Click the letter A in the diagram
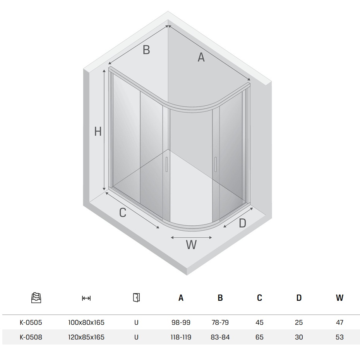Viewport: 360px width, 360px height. point(201,57)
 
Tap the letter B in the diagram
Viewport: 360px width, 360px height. point(146,50)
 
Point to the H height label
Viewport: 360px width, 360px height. point(98,132)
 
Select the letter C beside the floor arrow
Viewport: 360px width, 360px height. point(123,213)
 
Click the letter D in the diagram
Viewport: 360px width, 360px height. point(242,223)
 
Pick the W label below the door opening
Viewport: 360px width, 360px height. point(191,245)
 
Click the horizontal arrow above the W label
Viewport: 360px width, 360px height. point(191,238)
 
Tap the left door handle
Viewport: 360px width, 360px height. point(166,165)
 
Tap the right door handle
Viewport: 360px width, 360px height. point(215,165)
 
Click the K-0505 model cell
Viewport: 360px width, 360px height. point(31,322)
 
